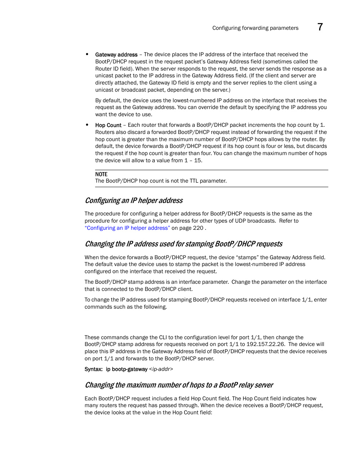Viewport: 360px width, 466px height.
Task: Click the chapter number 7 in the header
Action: [320, 27]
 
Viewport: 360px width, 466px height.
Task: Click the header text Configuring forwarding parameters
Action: [255, 28]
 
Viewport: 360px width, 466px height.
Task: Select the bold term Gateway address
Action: [116, 55]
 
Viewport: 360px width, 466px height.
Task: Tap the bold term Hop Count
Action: [108, 125]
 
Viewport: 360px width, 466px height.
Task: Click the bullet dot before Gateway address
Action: [87, 54]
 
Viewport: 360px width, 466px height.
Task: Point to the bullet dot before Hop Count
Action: [87, 125]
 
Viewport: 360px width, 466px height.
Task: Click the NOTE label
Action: [101, 174]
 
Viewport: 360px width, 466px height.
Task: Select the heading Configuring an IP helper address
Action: [134, 200]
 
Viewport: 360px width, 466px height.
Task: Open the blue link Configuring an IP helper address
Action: [127, 228]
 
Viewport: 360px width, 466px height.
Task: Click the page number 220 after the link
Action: [198, 228]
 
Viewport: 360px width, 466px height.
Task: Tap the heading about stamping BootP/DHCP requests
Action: [183, 244]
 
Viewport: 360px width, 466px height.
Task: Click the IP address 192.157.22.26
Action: [265, 344]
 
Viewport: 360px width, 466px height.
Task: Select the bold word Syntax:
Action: [94, 369]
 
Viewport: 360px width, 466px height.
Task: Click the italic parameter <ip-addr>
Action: [161, 369]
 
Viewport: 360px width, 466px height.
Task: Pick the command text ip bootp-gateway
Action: [126, 369]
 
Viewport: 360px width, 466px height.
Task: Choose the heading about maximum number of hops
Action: [179, 385]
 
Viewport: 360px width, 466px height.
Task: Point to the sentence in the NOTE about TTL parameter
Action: [161, 181]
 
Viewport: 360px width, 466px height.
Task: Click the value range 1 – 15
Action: [193, 160]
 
